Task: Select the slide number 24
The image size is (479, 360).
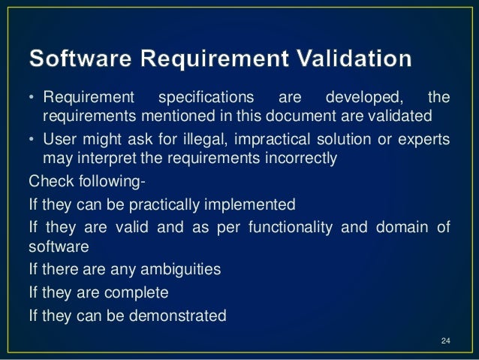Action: pos(445,343)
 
